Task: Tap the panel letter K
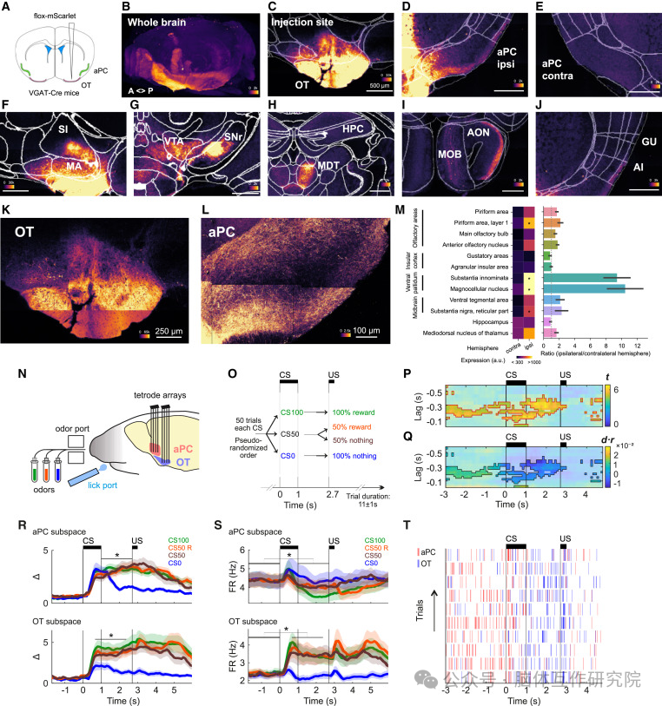tap(8, 210)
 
